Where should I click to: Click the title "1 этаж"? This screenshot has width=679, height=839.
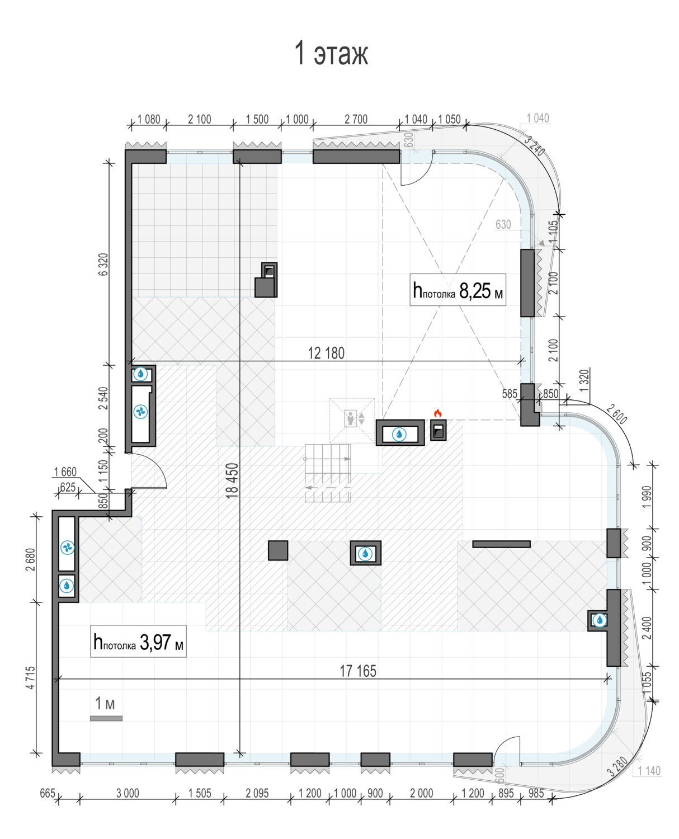point(331,53)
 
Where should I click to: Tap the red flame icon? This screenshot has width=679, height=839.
point(437,413)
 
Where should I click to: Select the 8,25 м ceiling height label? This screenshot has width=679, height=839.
point(458,290)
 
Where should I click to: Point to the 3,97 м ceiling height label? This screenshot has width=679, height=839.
point(138,641)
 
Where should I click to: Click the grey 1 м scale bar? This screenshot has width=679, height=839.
point(106,718)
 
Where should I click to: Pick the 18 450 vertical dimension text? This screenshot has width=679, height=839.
point(232,480)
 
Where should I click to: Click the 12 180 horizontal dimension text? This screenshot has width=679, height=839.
point(326,353)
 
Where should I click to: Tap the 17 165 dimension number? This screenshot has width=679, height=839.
point(358,671)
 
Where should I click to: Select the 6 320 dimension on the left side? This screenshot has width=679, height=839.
point(103,265)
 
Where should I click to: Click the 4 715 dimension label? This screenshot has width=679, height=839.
point(30,677)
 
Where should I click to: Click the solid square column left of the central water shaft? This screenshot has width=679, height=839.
point(278,550)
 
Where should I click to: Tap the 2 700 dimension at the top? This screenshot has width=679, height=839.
point(356,119)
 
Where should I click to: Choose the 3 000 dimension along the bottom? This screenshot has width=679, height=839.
point(128,793)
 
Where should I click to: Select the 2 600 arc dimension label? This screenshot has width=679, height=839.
point(616,414)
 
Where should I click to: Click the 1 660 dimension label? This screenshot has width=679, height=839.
point(65,472)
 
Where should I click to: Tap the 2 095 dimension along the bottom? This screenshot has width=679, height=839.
point(257,793)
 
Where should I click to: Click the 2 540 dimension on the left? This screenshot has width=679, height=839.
point(103,398)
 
